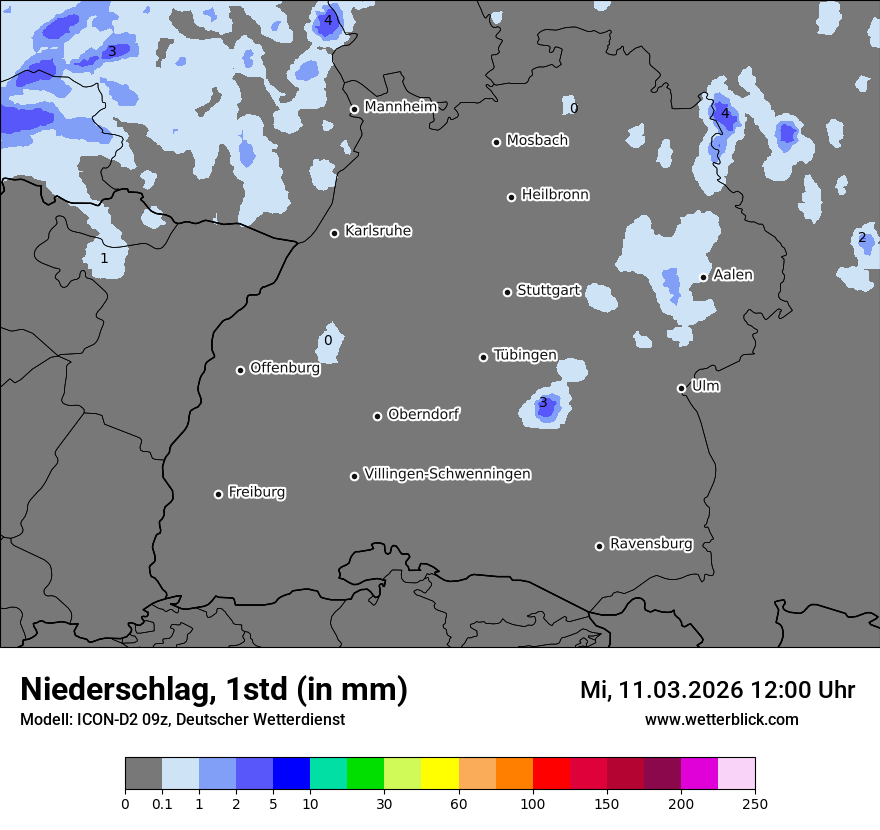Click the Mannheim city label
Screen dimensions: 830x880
[x=400, y=106]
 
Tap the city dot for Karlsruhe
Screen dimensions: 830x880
[x=335, y=234]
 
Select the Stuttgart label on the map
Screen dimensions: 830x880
[x=548, y=290]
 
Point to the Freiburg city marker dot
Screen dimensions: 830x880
[x=218, y=494]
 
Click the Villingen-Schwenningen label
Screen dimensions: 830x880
[x=447, y=473]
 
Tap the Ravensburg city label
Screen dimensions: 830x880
[x=650, y=544]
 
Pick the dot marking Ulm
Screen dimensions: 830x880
[x=681, y=388]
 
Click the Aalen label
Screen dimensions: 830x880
[x=733, y=274]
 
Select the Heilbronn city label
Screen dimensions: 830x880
[x=555, y=194]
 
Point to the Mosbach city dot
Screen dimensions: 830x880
[x=496, y=142]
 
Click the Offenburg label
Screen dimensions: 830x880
[x=285, y=367]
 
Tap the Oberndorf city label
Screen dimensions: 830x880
[x=423, y=414]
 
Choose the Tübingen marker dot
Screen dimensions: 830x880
[x=484, y=357]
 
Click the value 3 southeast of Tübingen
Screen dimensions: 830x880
[x=543, y=403]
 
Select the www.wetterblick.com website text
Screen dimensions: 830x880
[x=721, y=719]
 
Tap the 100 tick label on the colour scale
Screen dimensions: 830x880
[x=533, y=802]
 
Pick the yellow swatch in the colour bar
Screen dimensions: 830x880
[x=440, y=773]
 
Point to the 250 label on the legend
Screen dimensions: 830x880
[x=755, y=802]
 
